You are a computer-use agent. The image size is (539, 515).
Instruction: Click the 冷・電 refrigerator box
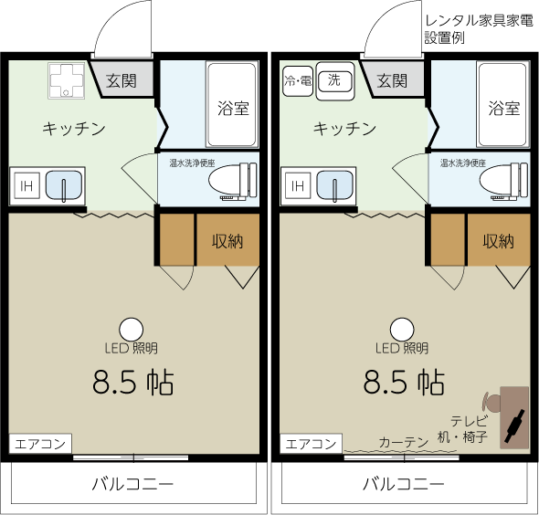(x=297, y=81)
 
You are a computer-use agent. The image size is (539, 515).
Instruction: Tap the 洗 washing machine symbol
(x=334, y=81)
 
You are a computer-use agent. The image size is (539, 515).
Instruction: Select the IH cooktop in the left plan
(x=26, y=186)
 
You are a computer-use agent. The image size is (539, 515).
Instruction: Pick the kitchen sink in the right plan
(x=334, y=185)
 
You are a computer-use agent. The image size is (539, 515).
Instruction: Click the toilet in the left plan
(x=233, y=181)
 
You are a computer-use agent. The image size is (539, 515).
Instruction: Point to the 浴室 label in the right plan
(x=504, y=109)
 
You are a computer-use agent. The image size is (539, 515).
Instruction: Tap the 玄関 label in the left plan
(x=122, y=81)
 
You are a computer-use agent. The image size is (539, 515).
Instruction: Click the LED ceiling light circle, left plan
(x=131, y=330)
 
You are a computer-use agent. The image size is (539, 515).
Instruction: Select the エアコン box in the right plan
(x=312, y=444)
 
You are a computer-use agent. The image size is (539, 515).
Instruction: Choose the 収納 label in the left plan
(x=227, y=241)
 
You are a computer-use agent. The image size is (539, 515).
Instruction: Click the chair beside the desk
(x=491, y=403)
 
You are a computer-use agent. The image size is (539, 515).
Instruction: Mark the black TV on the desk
(x=514, y=426)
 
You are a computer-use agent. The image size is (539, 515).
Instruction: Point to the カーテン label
(x=404, y=442)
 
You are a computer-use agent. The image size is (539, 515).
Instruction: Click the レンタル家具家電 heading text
(x=479, y=21)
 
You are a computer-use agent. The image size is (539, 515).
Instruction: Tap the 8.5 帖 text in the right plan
(x=404, y=382)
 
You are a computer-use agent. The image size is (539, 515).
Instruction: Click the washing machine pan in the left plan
(x=67, y=80)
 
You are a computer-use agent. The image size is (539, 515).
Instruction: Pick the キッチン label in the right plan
(x=344, y=129)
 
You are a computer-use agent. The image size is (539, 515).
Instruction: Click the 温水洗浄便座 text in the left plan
(x=192, y=163)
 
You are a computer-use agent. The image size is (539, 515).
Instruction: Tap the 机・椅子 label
(x=462, y=437)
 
